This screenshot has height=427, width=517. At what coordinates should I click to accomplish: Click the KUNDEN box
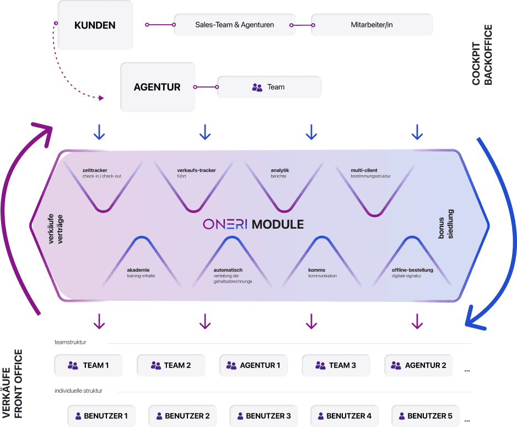pos(95,25)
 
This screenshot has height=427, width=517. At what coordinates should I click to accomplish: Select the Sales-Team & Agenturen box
pos(234,25)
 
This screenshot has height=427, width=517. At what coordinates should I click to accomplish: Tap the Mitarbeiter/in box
pos(371,25)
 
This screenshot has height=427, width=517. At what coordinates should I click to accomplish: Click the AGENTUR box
pos(157,87)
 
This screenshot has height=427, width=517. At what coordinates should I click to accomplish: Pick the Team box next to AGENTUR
pos(268,87)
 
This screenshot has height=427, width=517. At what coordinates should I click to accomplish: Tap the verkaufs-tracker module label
pos(196,170)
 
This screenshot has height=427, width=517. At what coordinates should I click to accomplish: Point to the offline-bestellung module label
pos(412,270)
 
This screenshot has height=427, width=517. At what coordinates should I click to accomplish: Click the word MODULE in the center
pos(277,224)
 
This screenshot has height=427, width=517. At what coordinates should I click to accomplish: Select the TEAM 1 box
pos(88,365)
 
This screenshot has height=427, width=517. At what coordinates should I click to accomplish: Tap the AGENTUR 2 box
pos(418,365)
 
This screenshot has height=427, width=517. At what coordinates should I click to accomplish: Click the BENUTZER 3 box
pos(260,416)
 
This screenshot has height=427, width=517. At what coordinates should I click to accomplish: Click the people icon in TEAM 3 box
pos(320,365)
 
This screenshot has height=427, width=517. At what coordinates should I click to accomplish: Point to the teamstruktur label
pos(70,343)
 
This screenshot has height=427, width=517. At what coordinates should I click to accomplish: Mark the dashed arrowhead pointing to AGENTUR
pos(101,98)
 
